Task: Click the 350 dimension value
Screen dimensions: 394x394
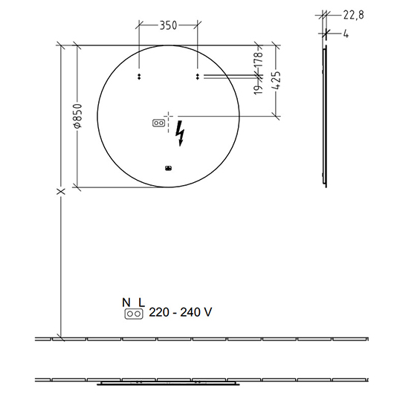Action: pos(168,25)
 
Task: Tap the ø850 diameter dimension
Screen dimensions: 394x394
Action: pos(78,116)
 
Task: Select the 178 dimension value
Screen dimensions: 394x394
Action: pos(258,59)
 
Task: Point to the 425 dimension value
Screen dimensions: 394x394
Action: pos(276,80)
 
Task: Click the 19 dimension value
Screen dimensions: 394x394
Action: pos(258,90)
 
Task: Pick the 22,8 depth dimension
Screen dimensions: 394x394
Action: pos(353,16)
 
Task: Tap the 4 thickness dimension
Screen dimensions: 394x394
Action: pos(346,33)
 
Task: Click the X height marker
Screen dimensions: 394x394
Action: pos(60,192)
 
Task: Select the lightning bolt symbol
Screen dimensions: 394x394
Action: pos(180,133)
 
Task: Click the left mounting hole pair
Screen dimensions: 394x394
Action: pos(139,77)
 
